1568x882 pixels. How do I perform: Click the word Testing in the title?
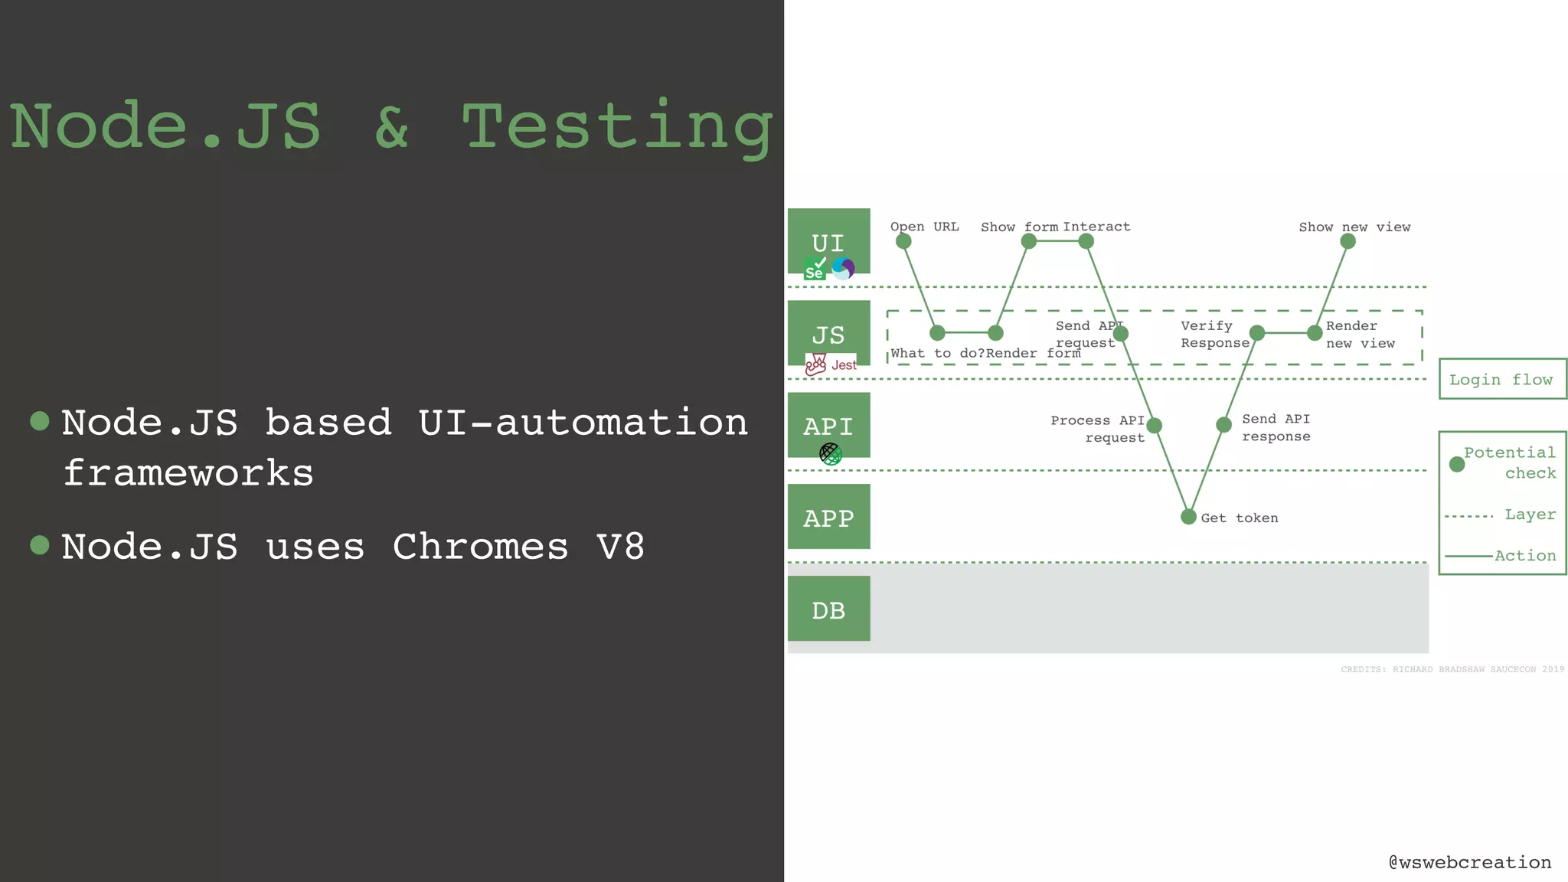point(617,127)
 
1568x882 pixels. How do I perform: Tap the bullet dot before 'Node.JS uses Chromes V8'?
point(40,545)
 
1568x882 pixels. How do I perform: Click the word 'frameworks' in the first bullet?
point(188,472)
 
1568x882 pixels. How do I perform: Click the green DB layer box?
point(828,609)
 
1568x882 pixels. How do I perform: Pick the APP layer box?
point(828,517)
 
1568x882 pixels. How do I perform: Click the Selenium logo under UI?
point(815,269)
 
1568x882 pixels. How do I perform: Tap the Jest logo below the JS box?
point(831,364)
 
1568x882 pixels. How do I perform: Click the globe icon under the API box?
point(830,454)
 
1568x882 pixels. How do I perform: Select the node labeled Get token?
point(1188,517)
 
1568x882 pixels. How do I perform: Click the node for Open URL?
point(903,241)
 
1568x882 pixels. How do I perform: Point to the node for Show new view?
point(1348,241)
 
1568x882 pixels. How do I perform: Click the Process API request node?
point(1155,426)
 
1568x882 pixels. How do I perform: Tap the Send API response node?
point(1223,425)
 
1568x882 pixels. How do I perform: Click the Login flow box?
point(1501,379)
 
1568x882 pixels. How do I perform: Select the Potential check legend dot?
point(1457,464)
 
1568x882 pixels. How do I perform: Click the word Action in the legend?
point(1525,555)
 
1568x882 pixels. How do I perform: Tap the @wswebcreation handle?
point(1470,862)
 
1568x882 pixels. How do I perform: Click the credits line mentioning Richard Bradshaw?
point(1452,669)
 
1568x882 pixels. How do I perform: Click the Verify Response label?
point(1214,335)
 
